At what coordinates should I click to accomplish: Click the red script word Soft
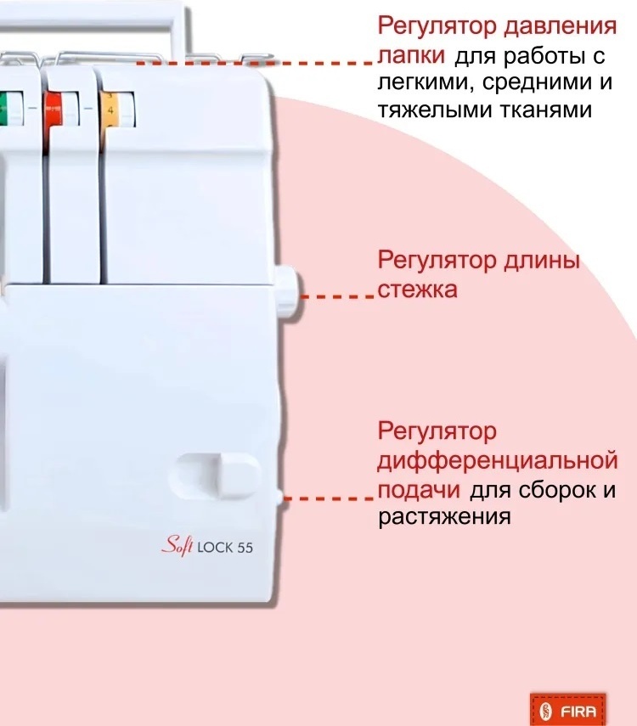pos(178,545)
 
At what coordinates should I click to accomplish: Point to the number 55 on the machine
pos(245,548)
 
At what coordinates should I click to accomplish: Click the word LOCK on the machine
pos(215,548)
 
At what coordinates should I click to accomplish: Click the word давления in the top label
pos(560,27)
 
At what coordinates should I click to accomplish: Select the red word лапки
pos(411,55)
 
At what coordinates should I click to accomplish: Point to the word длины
pos(541,262)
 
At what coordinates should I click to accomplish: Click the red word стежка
pos(417,290)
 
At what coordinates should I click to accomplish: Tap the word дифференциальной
pos(498,462)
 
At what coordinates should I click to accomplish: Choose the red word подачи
pos(419,490)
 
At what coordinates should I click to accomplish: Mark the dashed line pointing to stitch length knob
pos(337,295)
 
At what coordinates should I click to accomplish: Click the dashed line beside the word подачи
pos(329,498)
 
